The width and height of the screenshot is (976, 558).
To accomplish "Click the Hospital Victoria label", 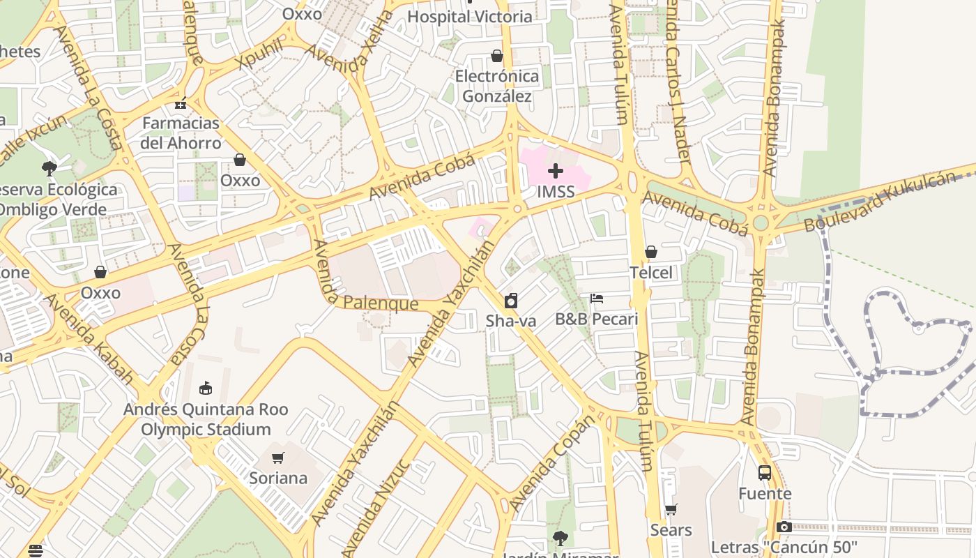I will click(x=469, y=17).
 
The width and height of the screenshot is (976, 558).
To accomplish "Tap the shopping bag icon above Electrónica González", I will click(x=497, y=56).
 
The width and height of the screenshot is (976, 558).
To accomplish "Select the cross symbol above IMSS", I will click(x=556, y=171).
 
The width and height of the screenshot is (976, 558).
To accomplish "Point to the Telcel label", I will click(x=651, y=273).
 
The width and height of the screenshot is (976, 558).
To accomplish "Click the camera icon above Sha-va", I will click(x=511, y=301).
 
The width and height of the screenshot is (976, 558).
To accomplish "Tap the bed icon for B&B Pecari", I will click(x=596, y=299).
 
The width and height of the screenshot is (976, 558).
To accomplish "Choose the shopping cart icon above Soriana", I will click(x=278, y=458).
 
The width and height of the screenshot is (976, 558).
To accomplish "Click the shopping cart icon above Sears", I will click(x=671, y=510).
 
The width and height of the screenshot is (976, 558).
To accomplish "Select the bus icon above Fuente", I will click(x=765, y=473).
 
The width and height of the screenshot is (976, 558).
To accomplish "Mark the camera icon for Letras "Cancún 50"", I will click(x=784, y=527).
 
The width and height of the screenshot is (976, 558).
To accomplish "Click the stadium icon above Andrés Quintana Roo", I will click(x=205, y=389).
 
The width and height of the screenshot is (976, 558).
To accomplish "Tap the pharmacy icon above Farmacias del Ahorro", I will click(x=181, y=104).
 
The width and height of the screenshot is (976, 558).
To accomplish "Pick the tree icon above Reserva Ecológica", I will click(x=49, y=168).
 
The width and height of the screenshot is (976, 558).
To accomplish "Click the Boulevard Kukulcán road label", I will click(x=880, y=202).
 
